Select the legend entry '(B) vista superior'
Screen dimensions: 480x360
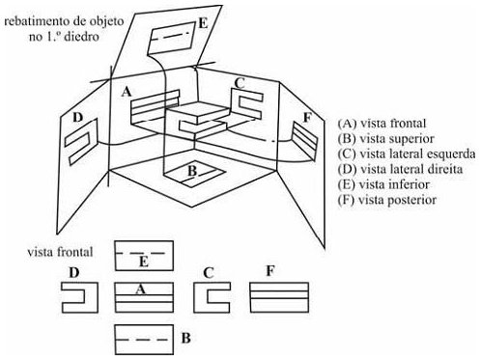386,139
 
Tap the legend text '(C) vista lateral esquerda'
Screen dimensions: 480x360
407,153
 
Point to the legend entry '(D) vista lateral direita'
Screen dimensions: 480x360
400,169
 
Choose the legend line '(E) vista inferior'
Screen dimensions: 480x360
383,184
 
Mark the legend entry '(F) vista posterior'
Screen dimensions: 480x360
387,200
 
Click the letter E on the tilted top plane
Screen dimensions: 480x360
203,24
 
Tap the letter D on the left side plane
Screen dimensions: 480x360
77,118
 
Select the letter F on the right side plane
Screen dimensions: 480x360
307,118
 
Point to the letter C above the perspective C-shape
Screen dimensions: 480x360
240,83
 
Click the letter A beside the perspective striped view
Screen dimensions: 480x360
127,93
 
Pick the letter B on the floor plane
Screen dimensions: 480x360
192,171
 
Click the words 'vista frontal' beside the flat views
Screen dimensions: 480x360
60,252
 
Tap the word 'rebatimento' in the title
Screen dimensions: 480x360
34,21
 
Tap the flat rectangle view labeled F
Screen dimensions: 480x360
279,297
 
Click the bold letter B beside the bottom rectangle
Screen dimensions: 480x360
186,339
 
